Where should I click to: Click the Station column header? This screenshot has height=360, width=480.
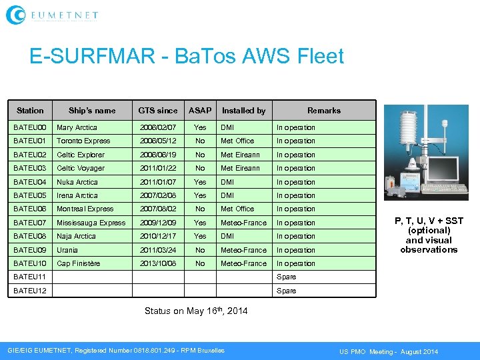pos(30,111)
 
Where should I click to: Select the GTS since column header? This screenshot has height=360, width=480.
pos(158,111)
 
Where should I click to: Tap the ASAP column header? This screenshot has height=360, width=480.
pos(200,111)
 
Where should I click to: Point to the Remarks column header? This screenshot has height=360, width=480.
pos(324,111)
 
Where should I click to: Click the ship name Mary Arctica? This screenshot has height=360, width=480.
pos(77,127)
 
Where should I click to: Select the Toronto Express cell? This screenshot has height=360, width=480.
pos(83,141)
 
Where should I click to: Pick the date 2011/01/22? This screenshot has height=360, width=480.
pos(158,168)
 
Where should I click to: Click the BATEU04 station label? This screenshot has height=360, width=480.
pos(30,182)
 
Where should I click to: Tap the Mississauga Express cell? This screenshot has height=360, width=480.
pos(91,223)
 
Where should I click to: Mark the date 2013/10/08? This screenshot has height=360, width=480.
pos(158,263)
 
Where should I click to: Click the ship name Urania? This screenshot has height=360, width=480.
pos(67,250)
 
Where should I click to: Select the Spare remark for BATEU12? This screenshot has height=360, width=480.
pos(286,291)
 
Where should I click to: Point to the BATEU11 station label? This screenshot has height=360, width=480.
pos(30,277)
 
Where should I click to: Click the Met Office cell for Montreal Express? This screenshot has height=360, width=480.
pos(237,209)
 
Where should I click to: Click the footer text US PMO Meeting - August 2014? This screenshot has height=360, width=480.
pos(389,351)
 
